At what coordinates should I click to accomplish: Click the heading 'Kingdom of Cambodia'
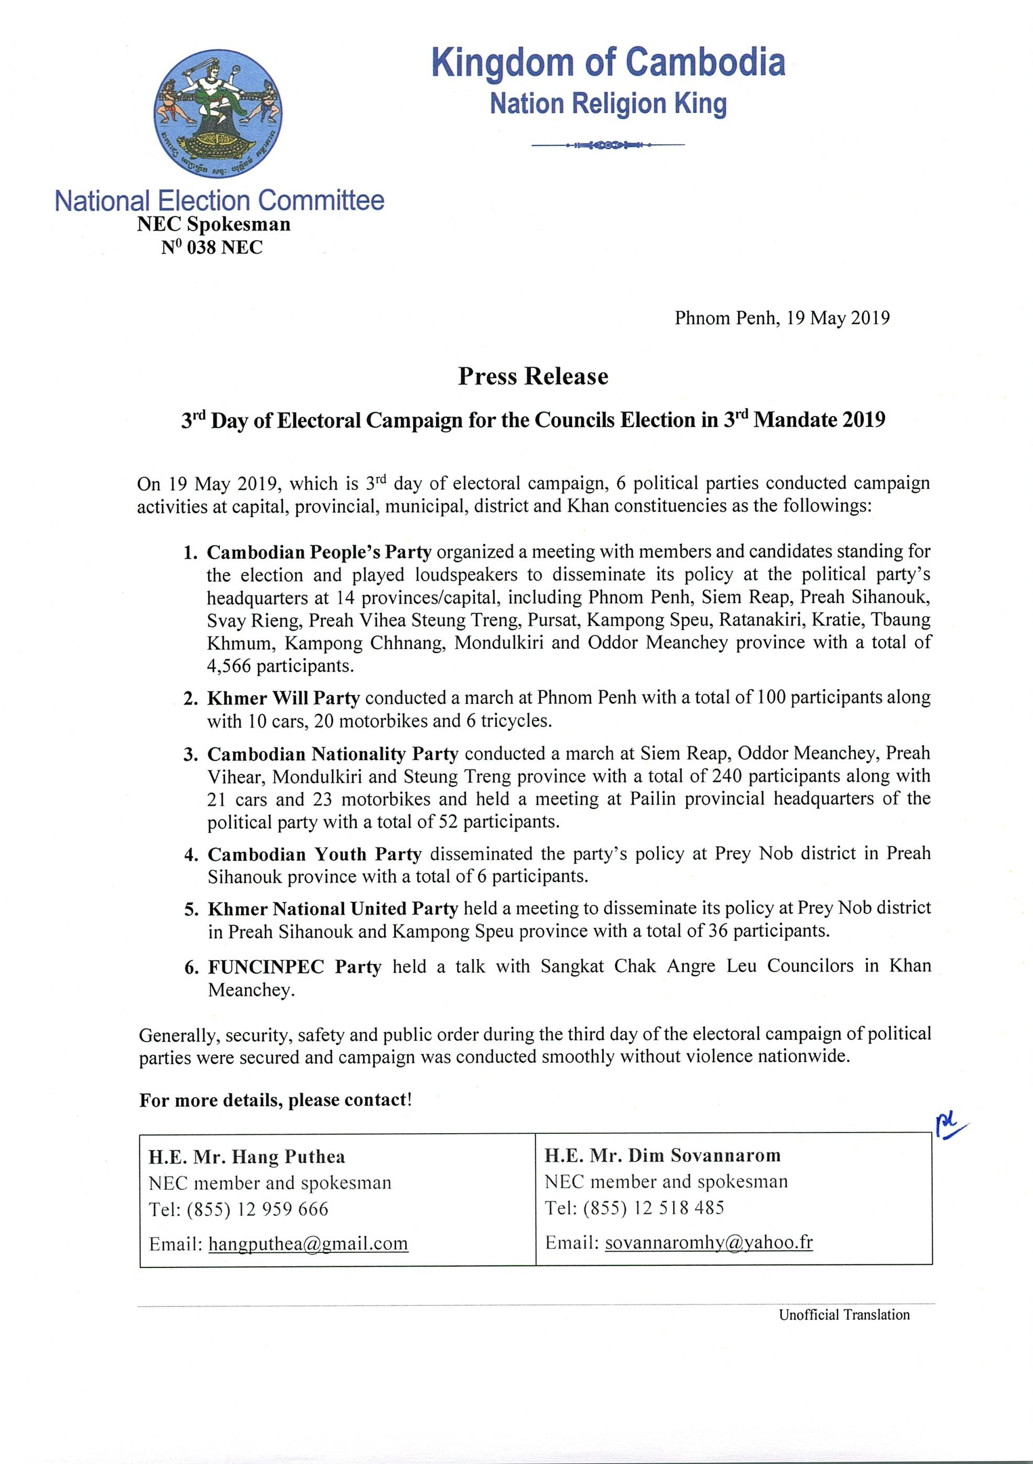[x=607, y=62]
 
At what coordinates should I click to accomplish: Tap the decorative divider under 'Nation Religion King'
[x=607, y=145]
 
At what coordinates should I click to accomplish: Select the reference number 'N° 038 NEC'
[x=212, y=247]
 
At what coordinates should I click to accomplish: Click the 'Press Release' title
[x=533, y=376]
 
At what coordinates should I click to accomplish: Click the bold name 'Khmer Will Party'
[x=284, y=698]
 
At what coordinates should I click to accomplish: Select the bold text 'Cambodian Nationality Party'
[x=333, y=754]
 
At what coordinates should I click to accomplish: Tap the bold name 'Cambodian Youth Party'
[x=314, y=854]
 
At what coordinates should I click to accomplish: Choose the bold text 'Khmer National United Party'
[x=333, y=908]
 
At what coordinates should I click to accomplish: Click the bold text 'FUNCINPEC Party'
[x=295, y=967]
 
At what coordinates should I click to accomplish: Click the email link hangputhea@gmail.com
[x=308, y=1243]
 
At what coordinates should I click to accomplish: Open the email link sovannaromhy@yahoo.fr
[x=709, y=1241]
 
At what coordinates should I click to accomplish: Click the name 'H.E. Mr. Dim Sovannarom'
[x=663, y=1155]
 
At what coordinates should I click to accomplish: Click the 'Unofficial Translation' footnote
[x=844, y=1315]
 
